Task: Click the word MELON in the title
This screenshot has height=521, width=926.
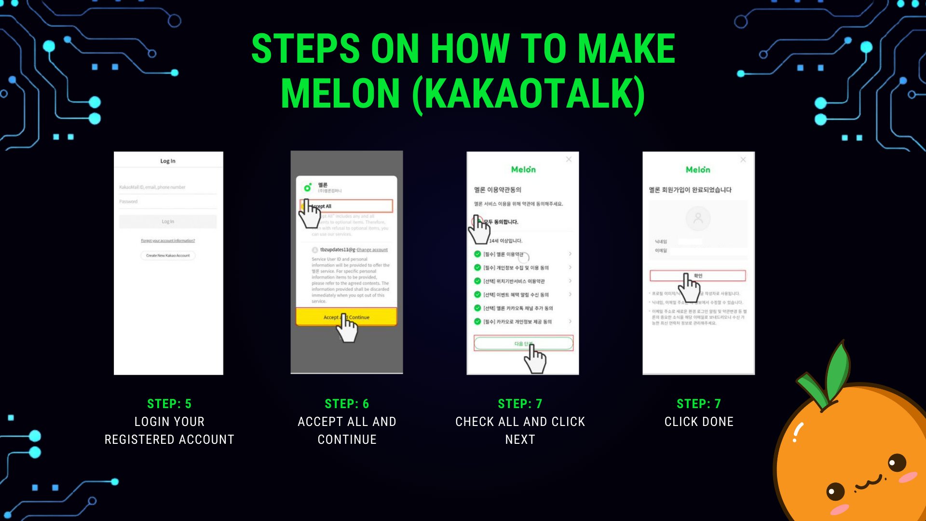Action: tap(340, 94)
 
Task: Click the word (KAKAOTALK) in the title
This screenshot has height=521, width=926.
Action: tap(529, 94)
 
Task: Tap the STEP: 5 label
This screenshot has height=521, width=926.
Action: tap(169, 404)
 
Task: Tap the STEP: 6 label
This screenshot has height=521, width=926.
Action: tap(347, 404)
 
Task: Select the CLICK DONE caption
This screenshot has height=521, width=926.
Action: tap(699, 422)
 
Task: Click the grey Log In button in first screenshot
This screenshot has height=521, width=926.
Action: tap(168, 221)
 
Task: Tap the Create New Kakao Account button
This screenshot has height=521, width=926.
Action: tap(168, 255)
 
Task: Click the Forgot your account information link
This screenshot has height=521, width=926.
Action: tap(168, 240)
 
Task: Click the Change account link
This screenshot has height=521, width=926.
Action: tap(372, 250)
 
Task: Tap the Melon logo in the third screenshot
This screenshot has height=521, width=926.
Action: tap(523, 169)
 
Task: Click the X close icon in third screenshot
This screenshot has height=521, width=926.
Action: tap(569, 159)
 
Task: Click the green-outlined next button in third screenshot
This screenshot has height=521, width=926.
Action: tap(523, 343)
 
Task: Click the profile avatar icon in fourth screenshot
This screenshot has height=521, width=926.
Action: tap(698, 218)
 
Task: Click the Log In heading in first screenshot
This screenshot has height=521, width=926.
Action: tap(168, 161)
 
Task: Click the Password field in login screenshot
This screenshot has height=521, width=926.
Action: tap(168, 202)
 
